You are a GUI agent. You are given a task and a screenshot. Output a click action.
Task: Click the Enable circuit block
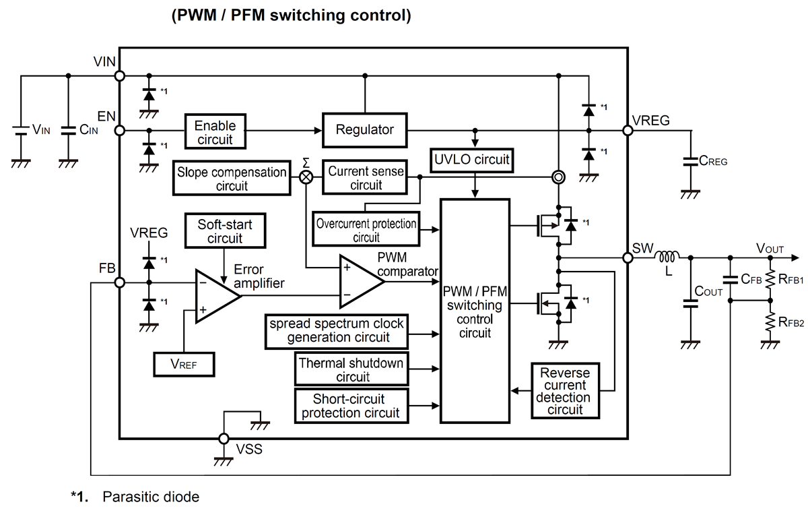tap(215, 131)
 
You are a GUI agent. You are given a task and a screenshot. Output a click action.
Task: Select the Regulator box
tap(365, 129)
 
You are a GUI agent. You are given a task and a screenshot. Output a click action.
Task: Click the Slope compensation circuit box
tap(232, 179)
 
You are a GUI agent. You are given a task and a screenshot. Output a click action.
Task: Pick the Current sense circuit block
tap(366, 178)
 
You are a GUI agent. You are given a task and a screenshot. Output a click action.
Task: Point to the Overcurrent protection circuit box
tap(366, 229)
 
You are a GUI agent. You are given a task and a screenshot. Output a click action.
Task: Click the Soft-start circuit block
tap(225, 231)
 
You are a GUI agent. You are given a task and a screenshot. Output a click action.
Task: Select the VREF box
tap(183, 365)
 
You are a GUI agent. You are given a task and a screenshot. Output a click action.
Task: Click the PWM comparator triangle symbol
tap(360, 281)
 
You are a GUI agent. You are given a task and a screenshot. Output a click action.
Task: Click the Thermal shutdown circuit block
tap(351, 369)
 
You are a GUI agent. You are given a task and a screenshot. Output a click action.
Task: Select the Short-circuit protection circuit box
tap(351, 406)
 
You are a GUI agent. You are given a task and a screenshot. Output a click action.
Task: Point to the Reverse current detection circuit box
tap(565, 391)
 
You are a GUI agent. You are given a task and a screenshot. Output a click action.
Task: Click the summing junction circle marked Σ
tap(306, 177)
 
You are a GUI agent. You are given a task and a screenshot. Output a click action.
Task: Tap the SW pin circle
tap(628, 257)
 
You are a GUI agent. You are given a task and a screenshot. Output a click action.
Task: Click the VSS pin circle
tap(224, 439)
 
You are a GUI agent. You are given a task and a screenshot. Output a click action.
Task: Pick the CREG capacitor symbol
tap(689, 162)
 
